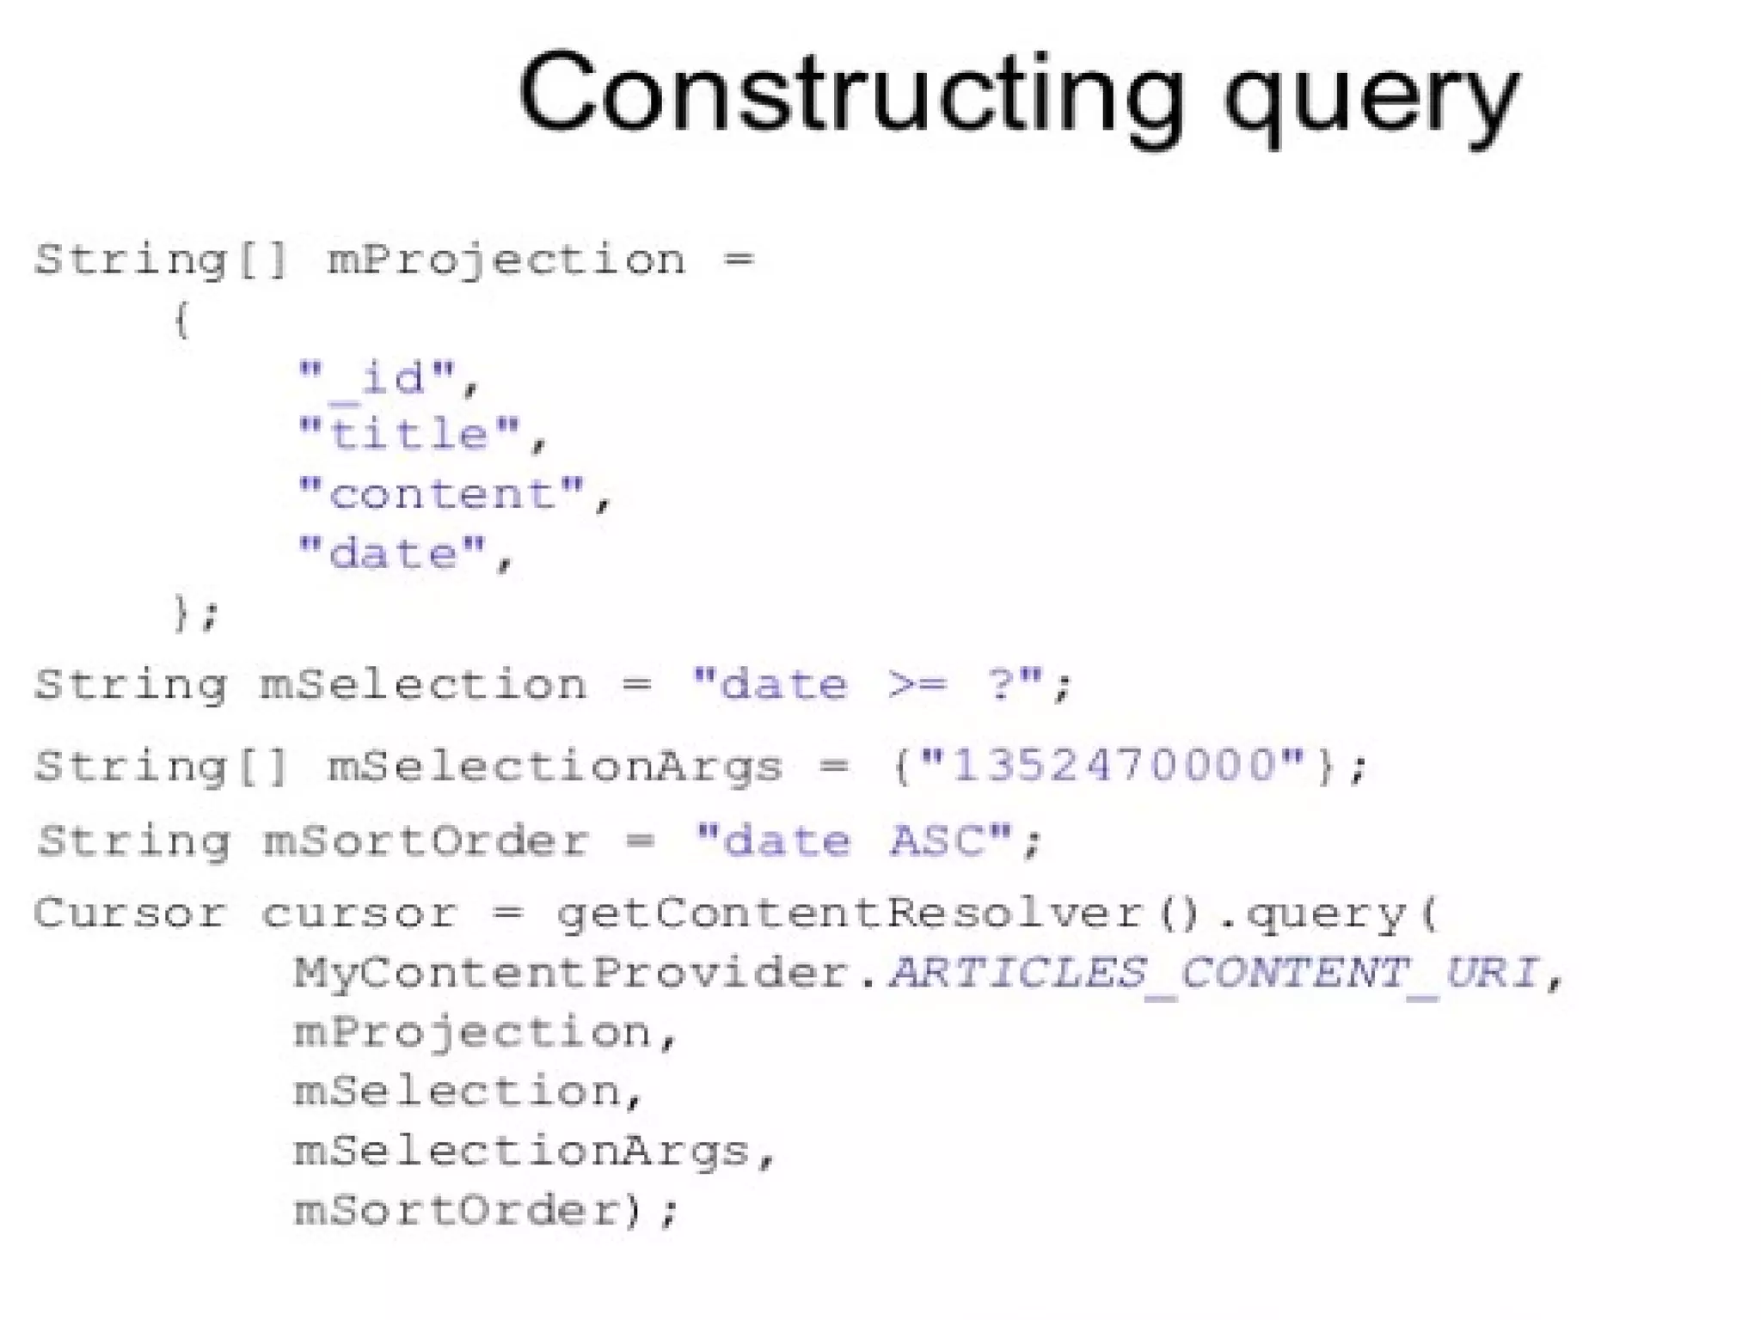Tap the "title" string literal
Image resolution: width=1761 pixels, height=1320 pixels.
click(x=409, y=434)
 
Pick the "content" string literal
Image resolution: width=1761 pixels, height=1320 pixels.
click(x=442, y=494)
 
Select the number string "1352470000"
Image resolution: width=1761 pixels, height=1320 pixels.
click(x=1113, y=764)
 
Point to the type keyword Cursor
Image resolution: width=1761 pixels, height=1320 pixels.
click(x=129, y=913)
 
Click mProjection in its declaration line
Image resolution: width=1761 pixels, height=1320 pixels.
click(x=507, y=260)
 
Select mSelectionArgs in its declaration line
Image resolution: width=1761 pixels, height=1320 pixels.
click(x=555, y=766)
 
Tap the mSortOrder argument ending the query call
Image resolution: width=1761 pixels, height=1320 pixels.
click(x=456, y=1210)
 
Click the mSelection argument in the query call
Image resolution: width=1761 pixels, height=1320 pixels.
click(x=456, y=1091)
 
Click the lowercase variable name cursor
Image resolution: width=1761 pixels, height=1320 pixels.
click(x=359, y=913)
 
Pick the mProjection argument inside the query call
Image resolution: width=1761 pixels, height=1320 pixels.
click(x=473, y=1033)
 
